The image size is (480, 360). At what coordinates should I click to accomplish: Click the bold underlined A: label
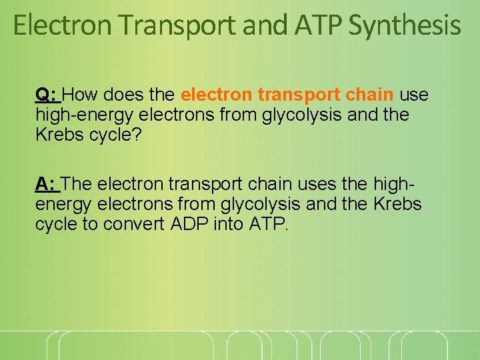(47, 183)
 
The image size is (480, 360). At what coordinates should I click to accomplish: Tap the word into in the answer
(229, 223)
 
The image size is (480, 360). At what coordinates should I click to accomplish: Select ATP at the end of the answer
(268, 223)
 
